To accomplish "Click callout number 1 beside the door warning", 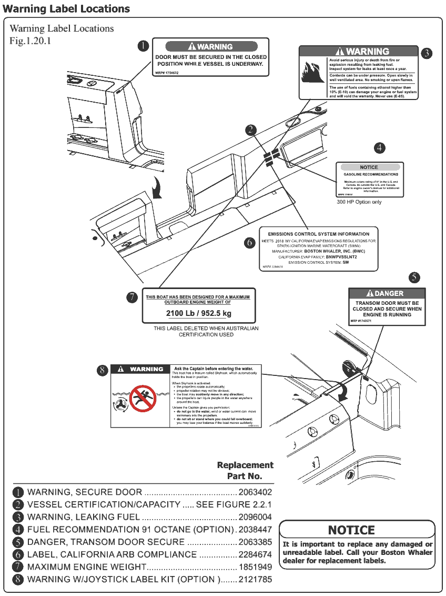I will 143,46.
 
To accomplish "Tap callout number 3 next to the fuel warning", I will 427,53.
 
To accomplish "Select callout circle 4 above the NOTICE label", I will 380,148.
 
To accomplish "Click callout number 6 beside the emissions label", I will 250,243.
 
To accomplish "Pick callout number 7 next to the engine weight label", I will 133,297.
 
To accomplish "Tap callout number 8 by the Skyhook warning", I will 103,370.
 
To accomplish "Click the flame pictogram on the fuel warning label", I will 312,73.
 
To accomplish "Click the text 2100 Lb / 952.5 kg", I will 198,314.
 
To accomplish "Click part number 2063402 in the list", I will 255,492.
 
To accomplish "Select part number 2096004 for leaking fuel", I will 255,517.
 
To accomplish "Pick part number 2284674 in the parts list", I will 255,554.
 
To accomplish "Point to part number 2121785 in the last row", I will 255,580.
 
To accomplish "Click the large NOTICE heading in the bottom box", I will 351,530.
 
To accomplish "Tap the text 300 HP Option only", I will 359,202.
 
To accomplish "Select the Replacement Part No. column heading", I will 245,471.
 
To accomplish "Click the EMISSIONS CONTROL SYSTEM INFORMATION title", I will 319,234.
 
